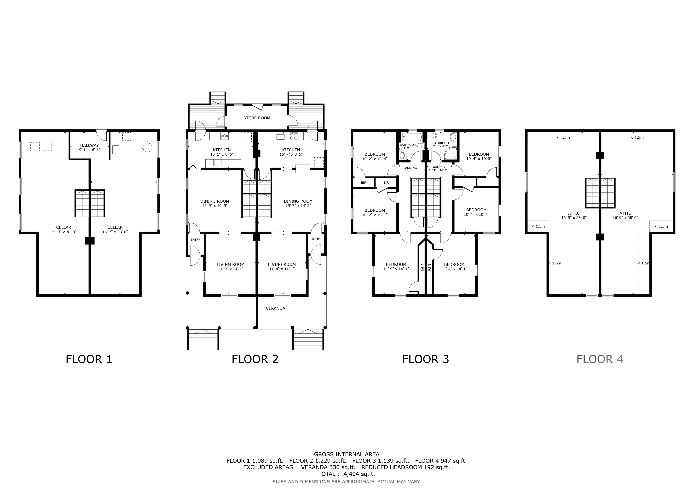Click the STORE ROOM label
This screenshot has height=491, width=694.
pyautogui.click(x=257, y=118)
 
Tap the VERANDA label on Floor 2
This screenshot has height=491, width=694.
pyautogui.click(x=275, y=308)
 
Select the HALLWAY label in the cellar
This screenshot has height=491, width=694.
pyautogui.click(x=89, y=145)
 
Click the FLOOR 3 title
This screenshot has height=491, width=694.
pyautogui.click(x=426, y=359)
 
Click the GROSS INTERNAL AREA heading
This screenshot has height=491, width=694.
pyautogui.click(x=346, y=454)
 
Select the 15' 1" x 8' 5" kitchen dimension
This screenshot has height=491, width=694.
pyautogui.click(x=222, y=154)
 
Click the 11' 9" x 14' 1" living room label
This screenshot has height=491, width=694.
pyautogui.click(x=230, y=267)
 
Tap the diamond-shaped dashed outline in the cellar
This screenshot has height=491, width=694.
pyautogui.click(x=148, y=147)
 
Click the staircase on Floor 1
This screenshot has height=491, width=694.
pyautogui.click(x=90, y=203)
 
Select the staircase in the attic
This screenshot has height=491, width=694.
pyautogui.click(x=600, y=193)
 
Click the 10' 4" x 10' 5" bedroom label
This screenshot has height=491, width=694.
pyautogui.click(x=479, y=156)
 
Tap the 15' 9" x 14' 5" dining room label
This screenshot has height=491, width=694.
pyautogui.click(x=215, y=203)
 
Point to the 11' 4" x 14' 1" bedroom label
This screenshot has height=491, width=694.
pyautogui.click(x=454, y=267)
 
